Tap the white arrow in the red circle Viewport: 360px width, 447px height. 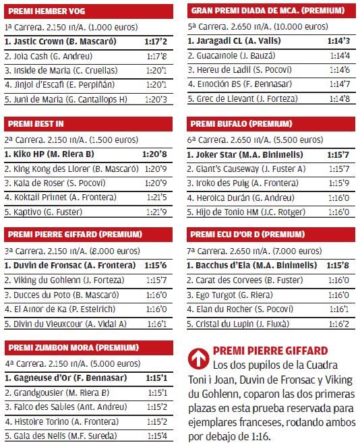[x=198, y=359]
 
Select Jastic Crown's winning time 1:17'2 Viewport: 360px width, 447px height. [x=156, y=42]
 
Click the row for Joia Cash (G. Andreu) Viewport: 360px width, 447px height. [x=49, y=56]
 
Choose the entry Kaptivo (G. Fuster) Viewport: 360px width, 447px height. [x=43, y=212]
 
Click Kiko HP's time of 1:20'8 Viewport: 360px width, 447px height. [x=154, y=154]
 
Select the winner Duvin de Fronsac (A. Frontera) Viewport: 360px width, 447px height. [x=70, y=266]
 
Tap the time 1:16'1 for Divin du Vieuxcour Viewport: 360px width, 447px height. [x=157, y=324]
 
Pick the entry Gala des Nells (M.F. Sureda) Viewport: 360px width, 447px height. [x=61, y=436]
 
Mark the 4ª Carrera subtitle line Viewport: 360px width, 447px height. [x=73, y=364]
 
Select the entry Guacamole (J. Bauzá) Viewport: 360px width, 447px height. [x=231, y=55]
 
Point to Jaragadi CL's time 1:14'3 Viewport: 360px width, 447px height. [x=338, y=41]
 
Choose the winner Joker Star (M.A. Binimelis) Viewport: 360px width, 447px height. [x=245, y=155]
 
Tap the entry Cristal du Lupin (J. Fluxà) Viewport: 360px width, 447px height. [x=238, y=324]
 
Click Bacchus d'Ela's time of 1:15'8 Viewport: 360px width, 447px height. [x=338, y=266]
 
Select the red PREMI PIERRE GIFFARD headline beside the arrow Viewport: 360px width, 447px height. [x=270, y=351]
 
